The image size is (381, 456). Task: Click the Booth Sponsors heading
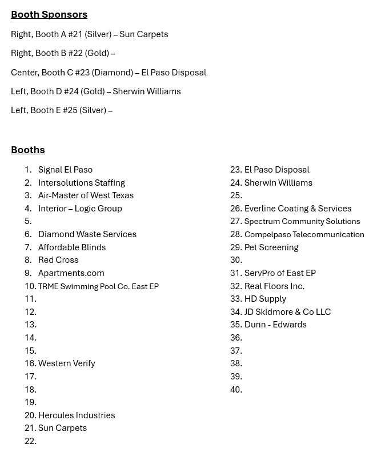(49, 14)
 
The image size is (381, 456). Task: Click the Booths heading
(28, 150)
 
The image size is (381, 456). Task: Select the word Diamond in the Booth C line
(113, 73)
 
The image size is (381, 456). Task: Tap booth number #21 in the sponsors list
(75, 34)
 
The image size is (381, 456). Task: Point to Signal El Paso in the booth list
(65, 170)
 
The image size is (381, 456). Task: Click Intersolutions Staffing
(81, 183)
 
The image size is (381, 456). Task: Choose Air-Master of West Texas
(86, 195)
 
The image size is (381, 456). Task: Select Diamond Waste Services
(87, 234)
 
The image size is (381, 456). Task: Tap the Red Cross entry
(58, 260)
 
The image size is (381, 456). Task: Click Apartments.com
(71, 273)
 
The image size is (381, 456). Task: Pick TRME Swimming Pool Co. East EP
(98, 286)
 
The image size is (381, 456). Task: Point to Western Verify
(66, 363)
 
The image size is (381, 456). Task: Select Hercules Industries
(77, 415)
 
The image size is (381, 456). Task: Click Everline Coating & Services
(298, 209)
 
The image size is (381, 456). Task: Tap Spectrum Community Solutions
(302, 222)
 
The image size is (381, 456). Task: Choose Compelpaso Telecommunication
(304, 234)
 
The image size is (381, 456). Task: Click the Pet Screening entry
(271, 247)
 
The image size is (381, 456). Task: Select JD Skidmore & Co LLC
(287, 312)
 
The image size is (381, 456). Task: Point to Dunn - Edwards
(275, 325)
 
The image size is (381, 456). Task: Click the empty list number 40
(236, 390)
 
